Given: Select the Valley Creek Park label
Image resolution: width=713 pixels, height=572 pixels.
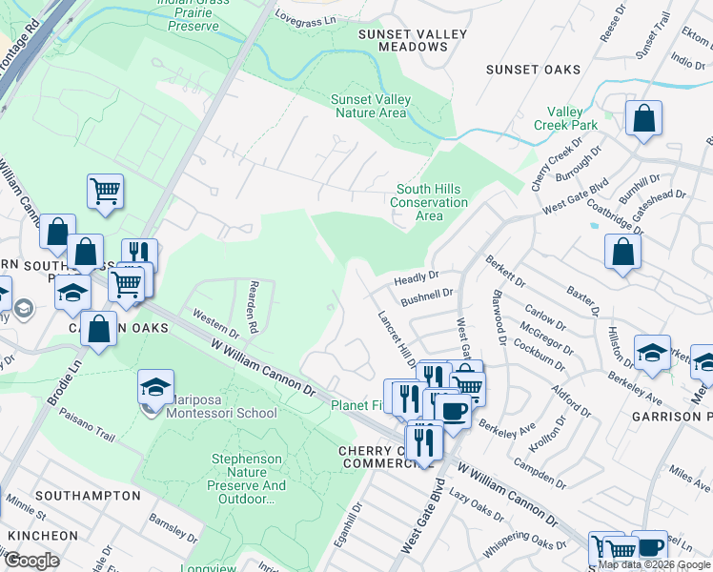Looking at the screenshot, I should [565, 118].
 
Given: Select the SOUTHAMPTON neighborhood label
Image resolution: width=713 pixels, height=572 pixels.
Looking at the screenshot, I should [88, 496].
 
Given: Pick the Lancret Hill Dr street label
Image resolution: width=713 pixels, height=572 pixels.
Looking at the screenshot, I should [397, 338].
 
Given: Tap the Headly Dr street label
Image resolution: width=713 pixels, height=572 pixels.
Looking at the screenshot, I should [416, 277].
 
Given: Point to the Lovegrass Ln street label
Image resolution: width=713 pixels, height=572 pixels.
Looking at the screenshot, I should [307, 17].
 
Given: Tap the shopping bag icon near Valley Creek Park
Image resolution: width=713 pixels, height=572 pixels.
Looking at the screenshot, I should [644, 119].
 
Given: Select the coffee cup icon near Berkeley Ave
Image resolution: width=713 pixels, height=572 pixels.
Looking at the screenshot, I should [452, 411].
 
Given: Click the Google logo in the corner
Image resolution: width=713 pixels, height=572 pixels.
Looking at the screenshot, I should [31, 561].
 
